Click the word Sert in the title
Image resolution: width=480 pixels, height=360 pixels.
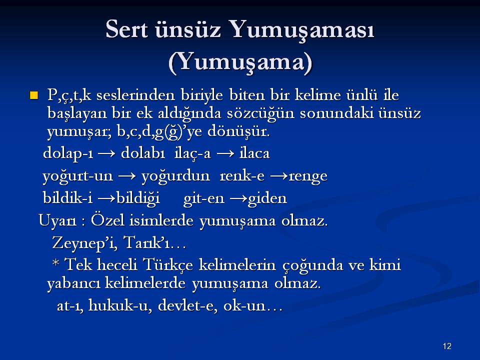pyautogui.click(x=126, y=29)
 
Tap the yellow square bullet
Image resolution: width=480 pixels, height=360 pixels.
pyautogui.click(x=33, y=95)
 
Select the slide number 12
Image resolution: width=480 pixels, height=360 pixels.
pyautogui.click(x=447, y=346)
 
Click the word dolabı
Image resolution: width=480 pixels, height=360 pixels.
pyautogui.click(x=143, y=153)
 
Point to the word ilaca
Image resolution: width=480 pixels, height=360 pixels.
pyautogui.click(x=254, y=153)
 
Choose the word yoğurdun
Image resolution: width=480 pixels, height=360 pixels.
pyautogui.click(x=175, y=176)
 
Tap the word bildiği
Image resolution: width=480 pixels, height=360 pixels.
pyautogui.click(x=138, y=198)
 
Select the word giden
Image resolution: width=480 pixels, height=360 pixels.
pyautogui.click(x=267, y=198)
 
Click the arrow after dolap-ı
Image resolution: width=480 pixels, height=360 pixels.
pyautogui.click(x=106, y=153)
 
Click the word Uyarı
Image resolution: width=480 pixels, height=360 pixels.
pyautogui.click(x=57, y=221)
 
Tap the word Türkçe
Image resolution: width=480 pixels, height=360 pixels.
pyautogui.click(x=168, y=265)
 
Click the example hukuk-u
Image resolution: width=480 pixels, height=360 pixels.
pyautogui.click(x=119, y=305)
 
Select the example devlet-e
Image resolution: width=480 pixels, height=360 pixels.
pyautogui.click(x=187, y=305)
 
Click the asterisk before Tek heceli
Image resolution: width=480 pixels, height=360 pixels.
pyautogui.click(x=55, y=263)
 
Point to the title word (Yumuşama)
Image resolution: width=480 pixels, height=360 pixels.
pyautogui.click(x=240, y=62)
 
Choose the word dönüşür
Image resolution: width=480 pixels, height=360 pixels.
pyautogui.click(x=238, y=131)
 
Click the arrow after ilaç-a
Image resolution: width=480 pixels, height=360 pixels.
pyautogui.click(x=225, y=153)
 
